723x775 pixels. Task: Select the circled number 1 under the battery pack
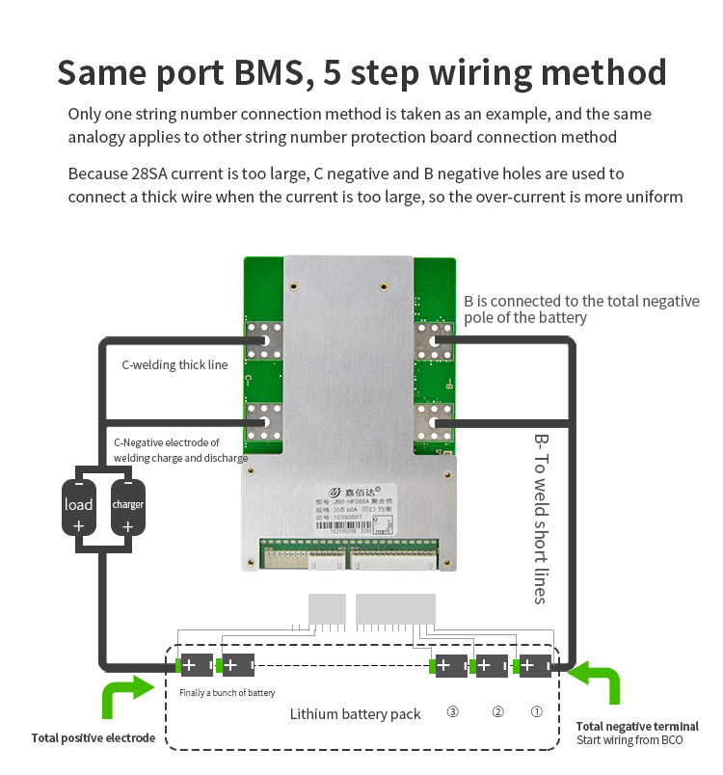pyautogui.click(x=538, y=712)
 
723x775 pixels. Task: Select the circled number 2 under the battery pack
pyautogui.click(x=497, y=712)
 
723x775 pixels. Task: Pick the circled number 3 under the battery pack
pyautogui.click(x=451, y=712)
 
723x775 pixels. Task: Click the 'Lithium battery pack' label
pyautogui.click(x=356, y=714)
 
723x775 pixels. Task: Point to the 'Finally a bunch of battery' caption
pyautogui.click(x=227, y=693)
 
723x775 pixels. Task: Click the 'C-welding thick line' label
pyautogui.click(x=174, y=365)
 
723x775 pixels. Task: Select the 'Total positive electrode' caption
pyautogui.click(x=93, y=738)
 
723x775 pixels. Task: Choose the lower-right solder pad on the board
pyautogui.click(x=433, y=418)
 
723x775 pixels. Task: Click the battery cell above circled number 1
pyautogui.click(x=533, y=665)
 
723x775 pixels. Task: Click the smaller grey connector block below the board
pyautogui.click(x=327, y=609)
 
